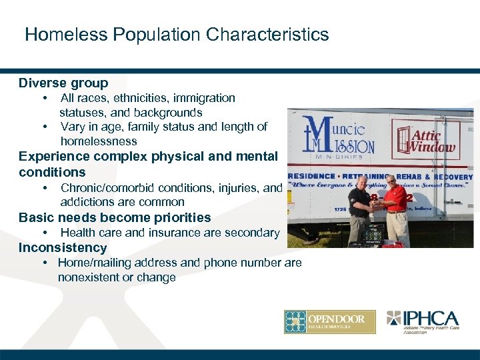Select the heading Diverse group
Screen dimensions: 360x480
[x=63, y=83]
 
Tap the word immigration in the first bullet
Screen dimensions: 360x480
[x=206, y=98]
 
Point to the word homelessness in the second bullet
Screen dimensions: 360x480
[x=99, y=141]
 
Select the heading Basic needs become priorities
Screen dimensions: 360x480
[x=115, y=218]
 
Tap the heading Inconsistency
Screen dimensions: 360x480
[x=63, y=248]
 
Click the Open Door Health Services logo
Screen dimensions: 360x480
[x=329, y=322]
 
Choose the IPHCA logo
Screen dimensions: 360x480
[x=422, y=321]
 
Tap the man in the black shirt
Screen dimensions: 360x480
[x=361, y=208]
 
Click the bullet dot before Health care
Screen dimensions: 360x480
[x=44, y=233]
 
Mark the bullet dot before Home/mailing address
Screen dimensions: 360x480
[x=44, y=263]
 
